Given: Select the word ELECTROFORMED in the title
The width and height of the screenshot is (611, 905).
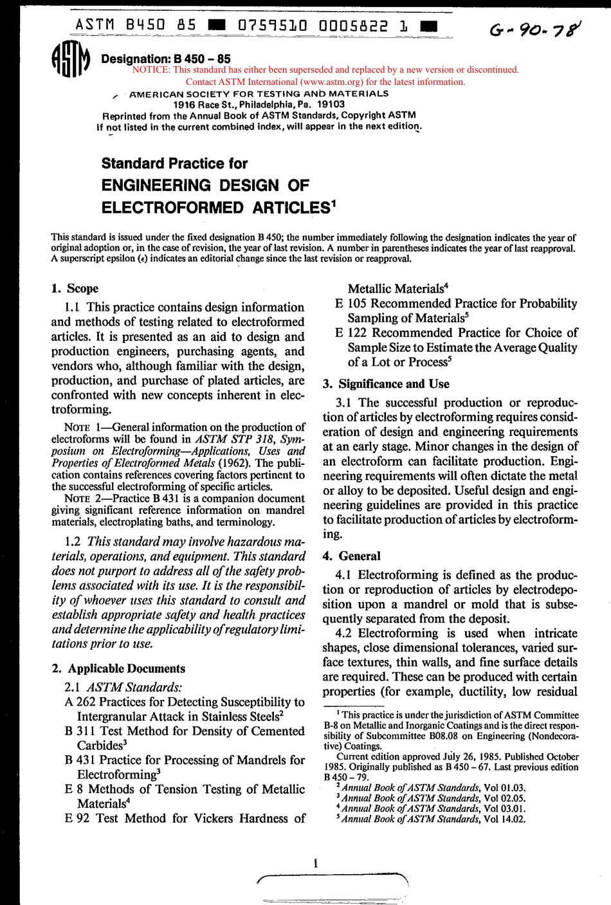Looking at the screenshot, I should pos(173,208).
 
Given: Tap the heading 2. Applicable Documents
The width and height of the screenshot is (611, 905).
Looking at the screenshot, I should pos(118,669).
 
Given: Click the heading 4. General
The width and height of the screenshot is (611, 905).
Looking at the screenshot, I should pos(351,556).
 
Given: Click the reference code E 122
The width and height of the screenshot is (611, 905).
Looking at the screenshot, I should pos(351,333).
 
